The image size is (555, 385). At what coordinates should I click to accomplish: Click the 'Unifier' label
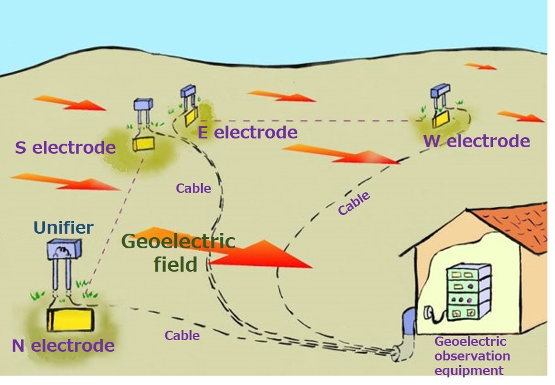63,227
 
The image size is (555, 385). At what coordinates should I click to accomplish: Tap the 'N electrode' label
63,345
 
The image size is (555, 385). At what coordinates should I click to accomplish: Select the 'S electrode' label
65,147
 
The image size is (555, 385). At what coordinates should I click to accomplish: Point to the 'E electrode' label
247,132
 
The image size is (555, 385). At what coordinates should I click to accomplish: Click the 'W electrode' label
477,141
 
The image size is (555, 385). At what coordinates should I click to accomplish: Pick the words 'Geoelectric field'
178,252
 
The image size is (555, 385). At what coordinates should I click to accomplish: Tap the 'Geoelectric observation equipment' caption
472,355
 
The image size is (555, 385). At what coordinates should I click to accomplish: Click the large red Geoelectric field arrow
257,252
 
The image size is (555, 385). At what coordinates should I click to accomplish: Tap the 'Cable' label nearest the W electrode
354,203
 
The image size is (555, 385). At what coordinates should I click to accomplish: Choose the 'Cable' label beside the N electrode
182,335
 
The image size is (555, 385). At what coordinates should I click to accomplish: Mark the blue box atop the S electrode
143,104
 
